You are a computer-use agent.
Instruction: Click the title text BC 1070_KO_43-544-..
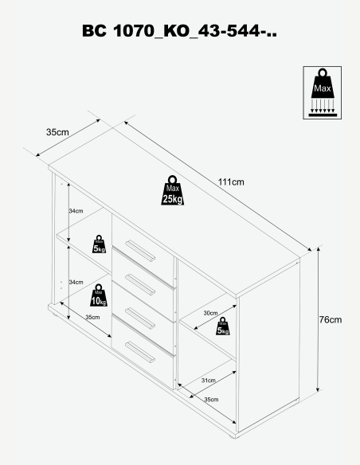(x=179, y=30)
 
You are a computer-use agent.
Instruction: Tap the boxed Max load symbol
(x=322, y=93)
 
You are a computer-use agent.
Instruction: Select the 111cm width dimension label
(x=231, y=182)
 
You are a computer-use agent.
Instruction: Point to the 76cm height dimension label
(x=331, y=320)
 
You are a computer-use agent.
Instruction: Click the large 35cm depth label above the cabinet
(x=57, y=132)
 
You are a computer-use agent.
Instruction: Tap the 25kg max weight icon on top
(x=172, y=190)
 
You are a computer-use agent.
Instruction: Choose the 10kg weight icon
(x=99, y=295)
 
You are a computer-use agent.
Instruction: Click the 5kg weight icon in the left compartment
(x=99, y=244)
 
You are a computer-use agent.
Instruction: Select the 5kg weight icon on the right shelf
(x=223, y=326)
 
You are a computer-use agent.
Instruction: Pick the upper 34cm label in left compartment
(x=76, y=211)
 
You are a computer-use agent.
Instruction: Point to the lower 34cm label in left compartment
(x=76, y=282)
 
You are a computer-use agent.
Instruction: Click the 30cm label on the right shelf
(x=210, y=313)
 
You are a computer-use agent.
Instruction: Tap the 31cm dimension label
(x=209, y=380)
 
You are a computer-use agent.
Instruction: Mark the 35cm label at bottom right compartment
(x=211, y=400)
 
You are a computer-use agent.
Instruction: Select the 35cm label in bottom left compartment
(x=92, y=317)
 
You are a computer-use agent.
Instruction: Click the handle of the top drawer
(x=140, y=251)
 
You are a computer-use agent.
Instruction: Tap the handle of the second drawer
(x=140, y=285)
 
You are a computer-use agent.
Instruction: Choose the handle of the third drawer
(x=140, y=318)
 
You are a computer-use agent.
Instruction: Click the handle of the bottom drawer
(x=140, y=352)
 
